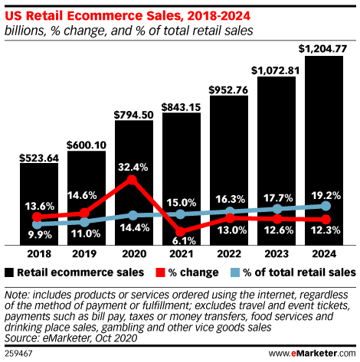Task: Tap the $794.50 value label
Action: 133,115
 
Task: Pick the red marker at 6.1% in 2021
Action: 181,231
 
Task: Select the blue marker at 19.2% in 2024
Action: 325,206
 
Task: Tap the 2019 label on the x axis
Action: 86,253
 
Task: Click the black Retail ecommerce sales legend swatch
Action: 9,272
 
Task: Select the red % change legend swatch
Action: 161,272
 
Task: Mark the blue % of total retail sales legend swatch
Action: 235,272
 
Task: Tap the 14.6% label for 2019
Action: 86,195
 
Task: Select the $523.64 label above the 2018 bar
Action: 38,159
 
